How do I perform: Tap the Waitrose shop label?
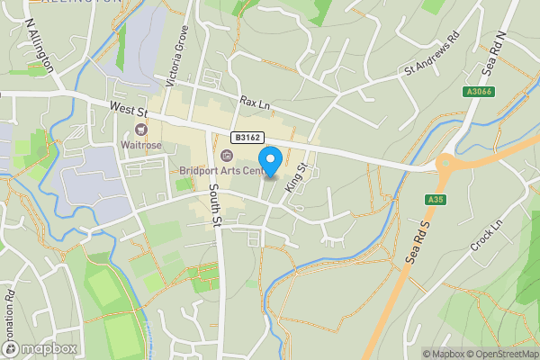coord(142,143)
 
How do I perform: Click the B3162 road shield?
coord(247,137)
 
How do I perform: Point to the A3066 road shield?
coord(479,92)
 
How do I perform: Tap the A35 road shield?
coord(436,199)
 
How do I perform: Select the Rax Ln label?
coord(255,104)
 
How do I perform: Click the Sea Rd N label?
coord(493,54)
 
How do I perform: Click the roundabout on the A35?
coord(445,163)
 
